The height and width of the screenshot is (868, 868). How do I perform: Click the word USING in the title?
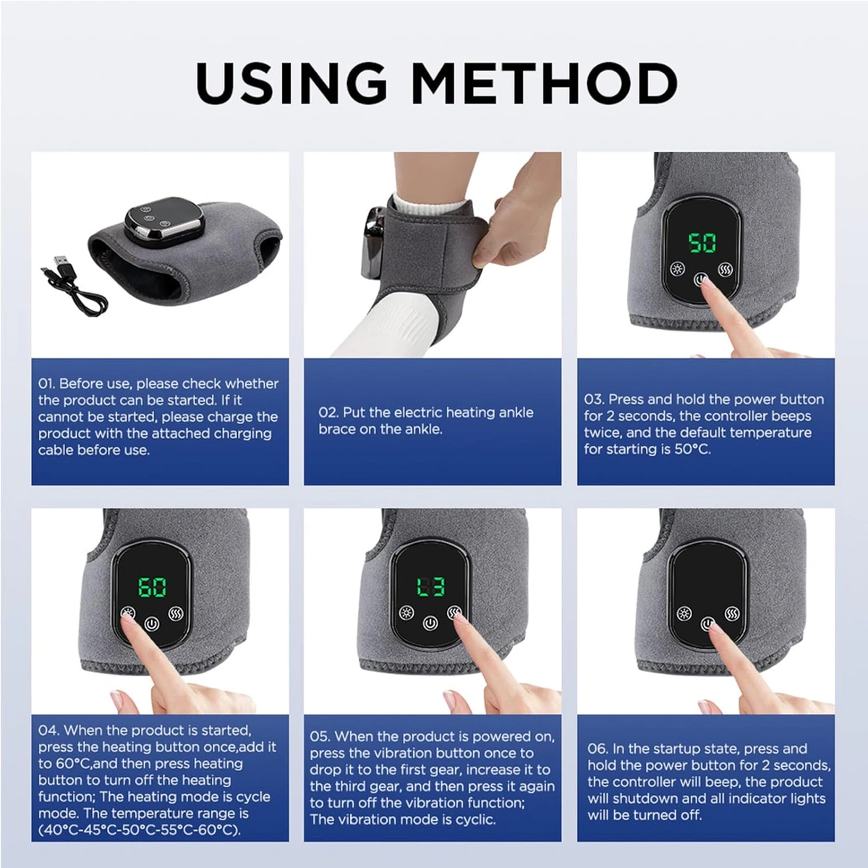pos(291,83)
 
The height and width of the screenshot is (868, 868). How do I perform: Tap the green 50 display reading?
pos(702,243)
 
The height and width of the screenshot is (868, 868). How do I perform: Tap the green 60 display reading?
pos(152,588)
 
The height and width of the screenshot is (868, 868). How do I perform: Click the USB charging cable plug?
pos(61,261)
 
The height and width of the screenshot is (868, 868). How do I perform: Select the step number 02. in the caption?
pos(328,412)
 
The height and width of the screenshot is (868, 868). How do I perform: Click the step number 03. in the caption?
pos(593,399)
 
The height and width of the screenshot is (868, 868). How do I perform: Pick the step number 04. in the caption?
pos(48,730)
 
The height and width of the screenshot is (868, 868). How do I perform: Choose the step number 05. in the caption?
pos(320,736)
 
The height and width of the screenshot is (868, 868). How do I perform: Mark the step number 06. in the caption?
pos(597,749)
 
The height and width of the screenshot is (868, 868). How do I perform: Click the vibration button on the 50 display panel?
pos(726,270)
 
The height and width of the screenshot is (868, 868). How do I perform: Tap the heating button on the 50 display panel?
pos(677,269)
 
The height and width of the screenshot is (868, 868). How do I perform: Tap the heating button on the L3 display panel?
pos(407,613)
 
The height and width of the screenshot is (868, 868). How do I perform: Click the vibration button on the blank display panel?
pos(732,613)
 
